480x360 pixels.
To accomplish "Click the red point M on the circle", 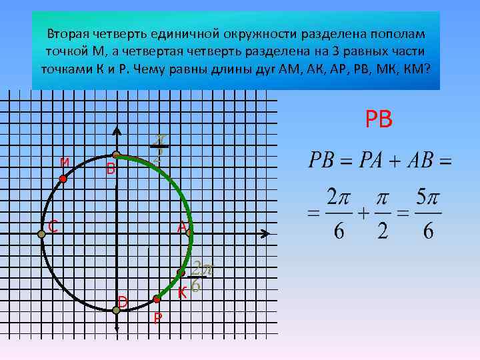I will point(63,179).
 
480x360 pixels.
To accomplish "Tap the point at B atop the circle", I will point(115,155).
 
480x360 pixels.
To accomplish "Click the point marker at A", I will point(189,233).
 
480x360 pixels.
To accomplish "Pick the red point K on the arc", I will point(180,273).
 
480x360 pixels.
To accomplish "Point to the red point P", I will point(157,299).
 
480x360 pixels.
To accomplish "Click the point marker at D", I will point(116,309).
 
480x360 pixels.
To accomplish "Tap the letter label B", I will point(111,170).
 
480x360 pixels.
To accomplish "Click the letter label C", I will point(51,227).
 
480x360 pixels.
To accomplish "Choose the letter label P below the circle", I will point(157,318).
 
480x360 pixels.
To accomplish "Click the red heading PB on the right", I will point(379,119).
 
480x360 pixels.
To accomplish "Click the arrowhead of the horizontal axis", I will point(265,233).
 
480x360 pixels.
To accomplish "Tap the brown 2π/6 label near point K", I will point(200,276).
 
